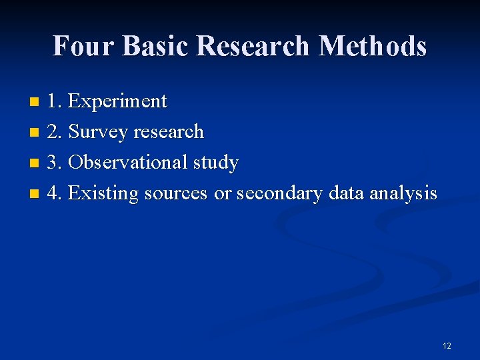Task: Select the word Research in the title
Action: (254, 46)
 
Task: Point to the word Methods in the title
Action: (373, 46)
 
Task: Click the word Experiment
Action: (117, 101)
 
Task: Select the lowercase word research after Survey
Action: (169, 132)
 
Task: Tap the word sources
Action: (176, 194)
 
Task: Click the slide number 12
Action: (447, 345)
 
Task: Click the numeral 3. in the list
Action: (55, 163)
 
